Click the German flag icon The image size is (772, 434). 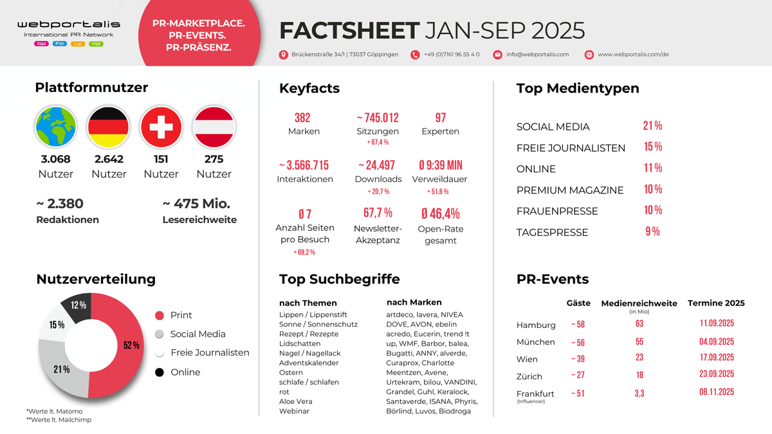pos(108,127)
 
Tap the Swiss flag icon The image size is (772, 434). pos(161,127)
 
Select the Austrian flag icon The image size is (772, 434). pos(214,127)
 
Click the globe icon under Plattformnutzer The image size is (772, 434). pos(56,127)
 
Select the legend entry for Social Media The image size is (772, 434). pos(198,334)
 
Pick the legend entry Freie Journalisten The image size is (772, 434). pos(209,353)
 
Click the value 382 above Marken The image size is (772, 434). pos(302,118)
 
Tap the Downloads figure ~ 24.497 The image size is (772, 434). pos(378,165)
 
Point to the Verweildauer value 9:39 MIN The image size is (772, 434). pos(441,165)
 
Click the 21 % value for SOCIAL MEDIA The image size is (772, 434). pos(652,126)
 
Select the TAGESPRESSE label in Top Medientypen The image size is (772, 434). pos(552,233)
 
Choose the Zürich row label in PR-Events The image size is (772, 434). pos(529,377)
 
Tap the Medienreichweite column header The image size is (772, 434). pos(639,303)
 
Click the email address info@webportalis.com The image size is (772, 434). pos(537,55)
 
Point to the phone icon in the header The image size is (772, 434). pos(415,55)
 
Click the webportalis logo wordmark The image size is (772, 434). pos(69,24)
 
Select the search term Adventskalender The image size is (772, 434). pos(309,363)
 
